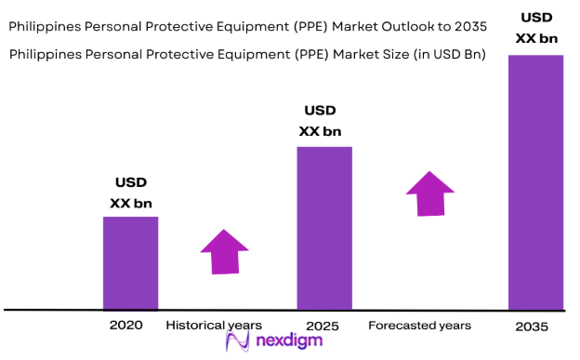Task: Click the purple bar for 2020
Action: coord(130,262)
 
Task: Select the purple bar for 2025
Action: coord(324,227)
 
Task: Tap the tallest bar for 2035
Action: coord(535,181)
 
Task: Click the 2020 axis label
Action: coord(127,326)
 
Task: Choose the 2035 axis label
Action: coord(532,327)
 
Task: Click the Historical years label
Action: coord(214,326)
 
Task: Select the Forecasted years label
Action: coord(419,326)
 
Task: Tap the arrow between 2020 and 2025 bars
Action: coord(224,251)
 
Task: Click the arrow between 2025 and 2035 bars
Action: coord(429,193)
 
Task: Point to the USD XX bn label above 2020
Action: coord(131,193)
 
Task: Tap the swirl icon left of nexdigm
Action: coord(236,341)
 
